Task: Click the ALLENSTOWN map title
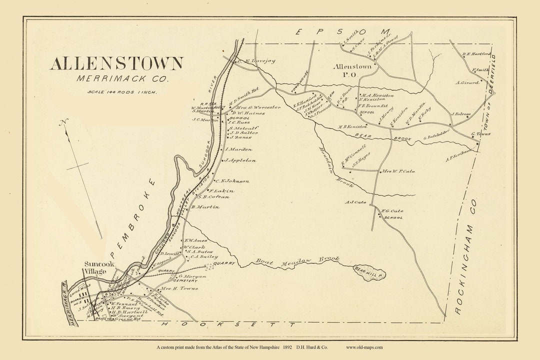coord(116,63)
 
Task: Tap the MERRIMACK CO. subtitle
coord(122,78)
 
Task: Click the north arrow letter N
coord(62,123)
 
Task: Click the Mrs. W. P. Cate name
coord(398,171)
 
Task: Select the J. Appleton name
coord(240,160)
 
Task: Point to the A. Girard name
coord(467,82)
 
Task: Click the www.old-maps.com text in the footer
coord(364,347)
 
